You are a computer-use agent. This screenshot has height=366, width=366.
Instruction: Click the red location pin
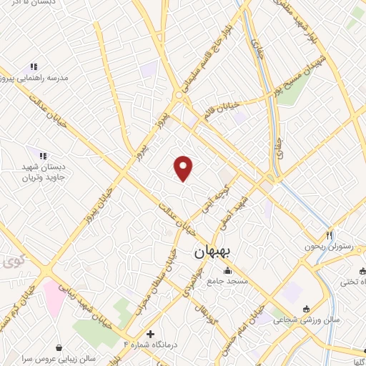[x=184, y=168]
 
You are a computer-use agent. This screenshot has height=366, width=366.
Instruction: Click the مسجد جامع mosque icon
[x=228, y=270]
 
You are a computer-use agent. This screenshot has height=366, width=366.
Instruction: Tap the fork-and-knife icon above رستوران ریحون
[x=330, y=234]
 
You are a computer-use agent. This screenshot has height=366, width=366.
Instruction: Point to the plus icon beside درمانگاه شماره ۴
[x=150, y=334]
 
